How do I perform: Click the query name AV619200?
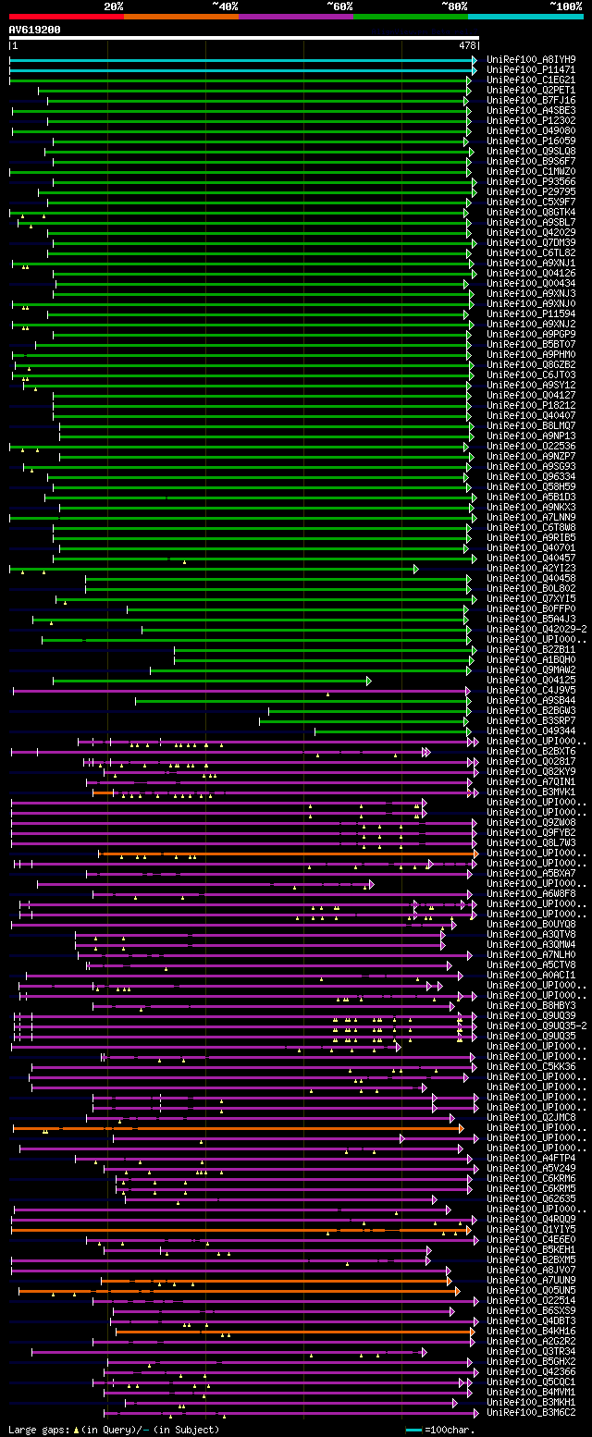35,30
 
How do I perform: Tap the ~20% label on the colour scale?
113,6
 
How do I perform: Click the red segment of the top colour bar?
66,17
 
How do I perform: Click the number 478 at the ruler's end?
466,44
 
